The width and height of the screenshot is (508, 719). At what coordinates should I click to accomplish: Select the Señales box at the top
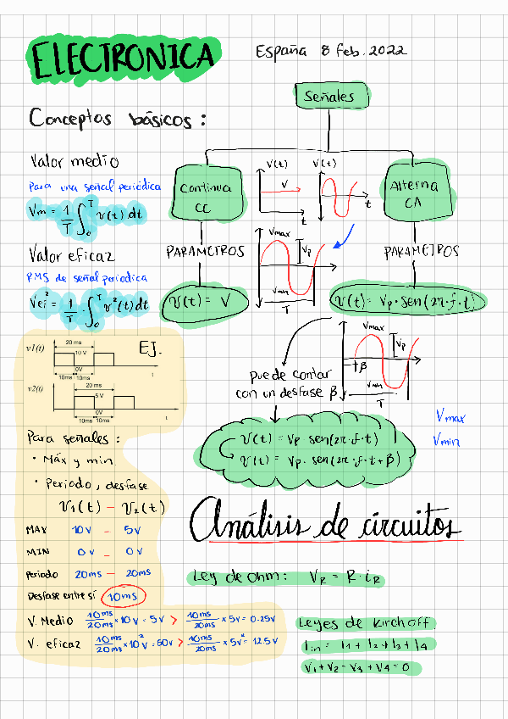coord(329,97)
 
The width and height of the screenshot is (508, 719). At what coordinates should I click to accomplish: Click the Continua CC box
coord(208,196)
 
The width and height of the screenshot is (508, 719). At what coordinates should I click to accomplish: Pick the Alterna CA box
coord(411,194)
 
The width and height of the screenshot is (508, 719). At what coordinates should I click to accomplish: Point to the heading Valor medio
coord(75,161)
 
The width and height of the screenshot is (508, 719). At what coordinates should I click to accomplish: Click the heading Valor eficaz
coord(73,254)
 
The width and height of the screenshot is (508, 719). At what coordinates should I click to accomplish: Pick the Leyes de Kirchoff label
coord(365,623)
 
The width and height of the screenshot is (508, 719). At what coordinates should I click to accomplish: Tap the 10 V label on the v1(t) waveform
coord(81,351)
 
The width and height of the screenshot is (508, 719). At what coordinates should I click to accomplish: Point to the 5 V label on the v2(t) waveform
coord(99,395)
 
